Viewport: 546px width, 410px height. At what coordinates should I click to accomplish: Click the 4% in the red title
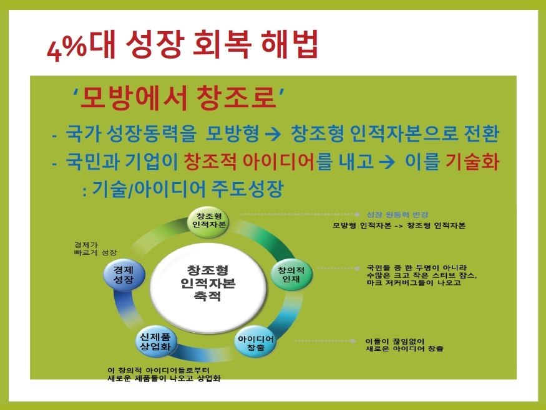(x=67, y=47)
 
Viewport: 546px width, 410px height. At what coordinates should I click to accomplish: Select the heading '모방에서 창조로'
(x=178, y=97)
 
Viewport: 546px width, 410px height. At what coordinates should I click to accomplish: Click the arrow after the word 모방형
(x=273, y=134)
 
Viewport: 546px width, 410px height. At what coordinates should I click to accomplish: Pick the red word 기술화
(x=472, y=161)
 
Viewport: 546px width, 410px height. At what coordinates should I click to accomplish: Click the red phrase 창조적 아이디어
(x=250, y=161)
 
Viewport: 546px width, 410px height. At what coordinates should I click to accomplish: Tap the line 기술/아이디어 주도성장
(x=183, y=189)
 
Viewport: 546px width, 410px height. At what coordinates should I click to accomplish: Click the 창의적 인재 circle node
(x=291, y=274)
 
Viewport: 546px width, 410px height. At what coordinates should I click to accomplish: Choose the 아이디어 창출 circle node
(x=256, y=343)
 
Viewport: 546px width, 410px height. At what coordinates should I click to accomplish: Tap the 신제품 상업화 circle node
(x=155, y=341)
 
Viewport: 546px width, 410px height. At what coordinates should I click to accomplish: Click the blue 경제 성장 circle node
(x=124, y=274)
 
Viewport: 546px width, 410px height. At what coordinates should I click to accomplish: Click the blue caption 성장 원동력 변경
(x=397, y=214)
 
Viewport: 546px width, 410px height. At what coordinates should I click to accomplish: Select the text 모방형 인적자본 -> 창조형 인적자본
(x=399, y=226)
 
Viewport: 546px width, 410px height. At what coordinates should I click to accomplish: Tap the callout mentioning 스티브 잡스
(x=422, y=275)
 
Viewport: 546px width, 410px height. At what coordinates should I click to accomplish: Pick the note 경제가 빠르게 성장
(x=95, y=249)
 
